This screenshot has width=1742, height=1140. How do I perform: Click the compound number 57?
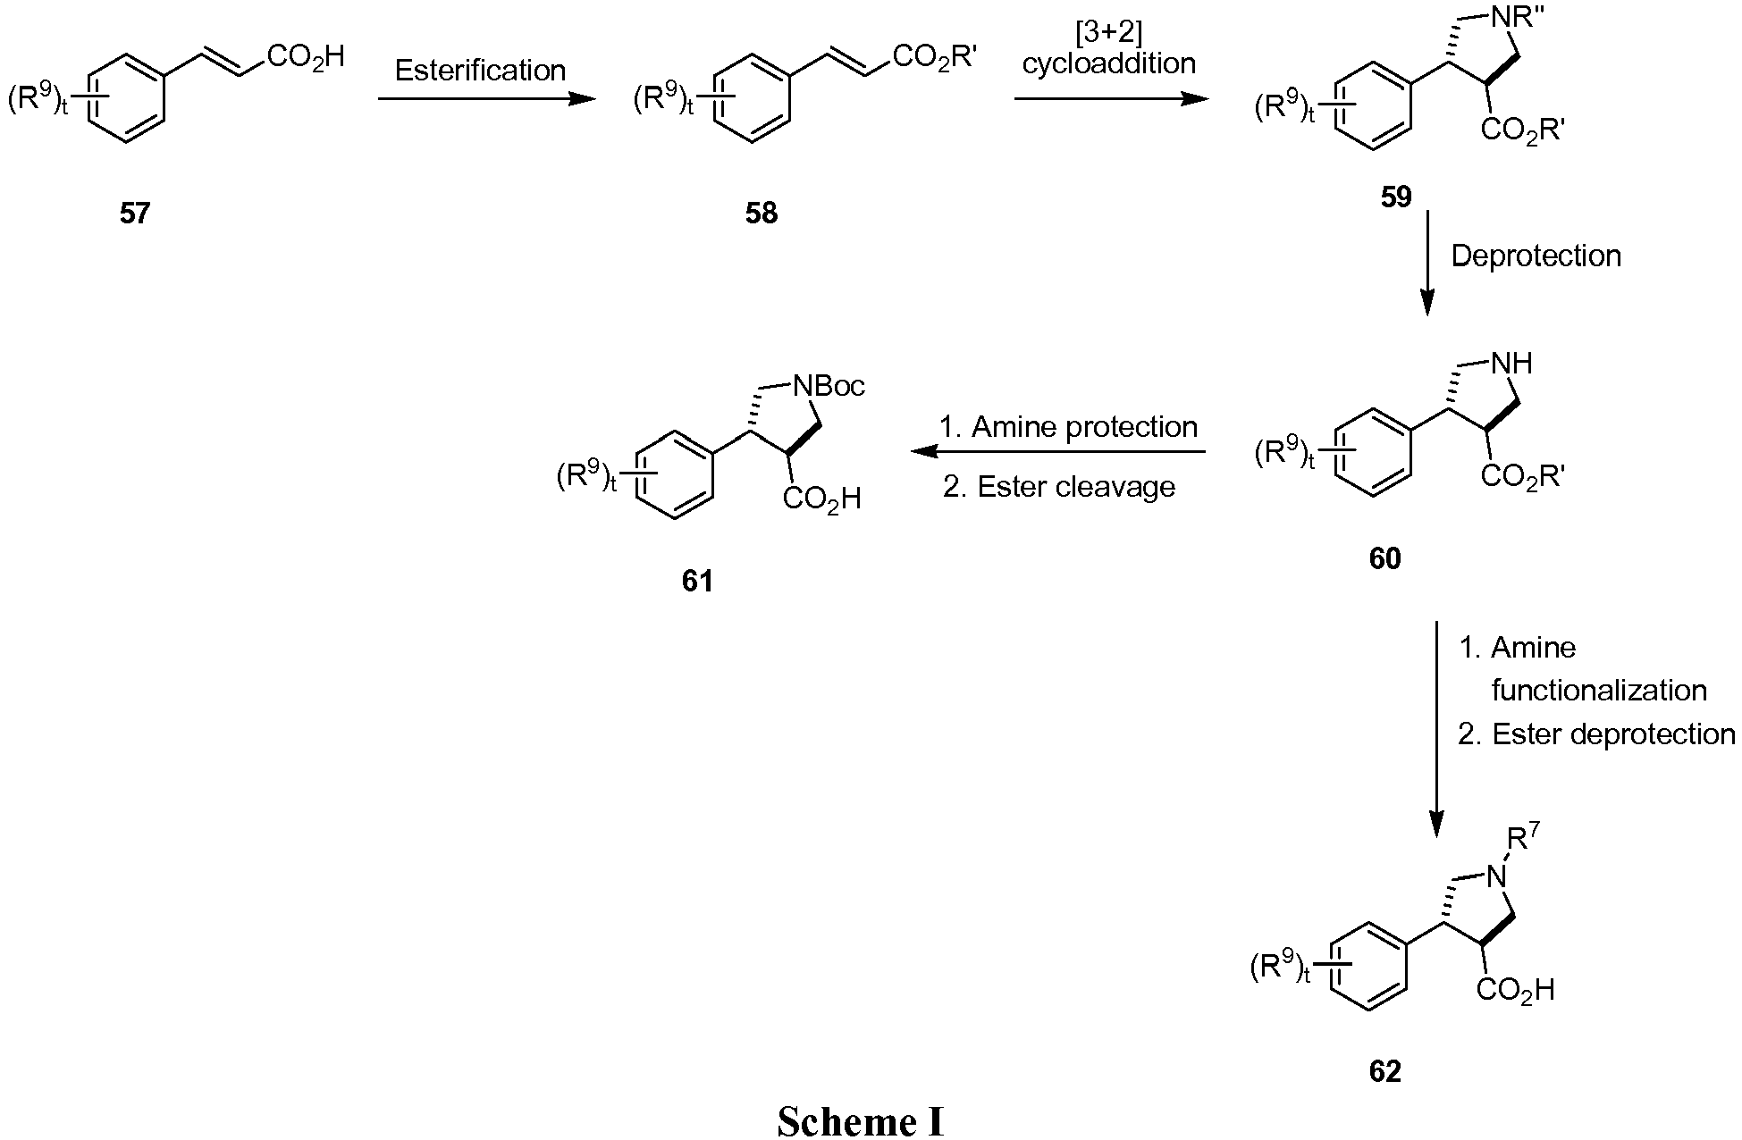[135, 214]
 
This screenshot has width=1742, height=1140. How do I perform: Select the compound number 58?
[762, 214]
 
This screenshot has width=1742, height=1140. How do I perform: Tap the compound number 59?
[1396, 197]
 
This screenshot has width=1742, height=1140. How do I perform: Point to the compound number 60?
[1384, 558]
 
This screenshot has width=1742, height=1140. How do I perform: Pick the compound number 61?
[697, 582]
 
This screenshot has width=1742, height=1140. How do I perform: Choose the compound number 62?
[1384, 1070]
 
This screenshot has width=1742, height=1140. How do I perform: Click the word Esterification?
[480, 70]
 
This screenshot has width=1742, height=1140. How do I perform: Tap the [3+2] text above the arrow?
[1108, 34]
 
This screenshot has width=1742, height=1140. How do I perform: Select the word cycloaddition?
[1108, 64]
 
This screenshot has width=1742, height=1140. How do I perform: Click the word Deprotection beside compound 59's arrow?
[1536, 256]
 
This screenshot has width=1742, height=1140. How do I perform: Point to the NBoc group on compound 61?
[829, 386]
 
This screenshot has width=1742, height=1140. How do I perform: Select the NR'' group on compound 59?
[1524, 16]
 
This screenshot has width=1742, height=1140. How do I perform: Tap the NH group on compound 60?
[1512, 363]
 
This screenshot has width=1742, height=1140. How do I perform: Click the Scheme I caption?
[860, 1120]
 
